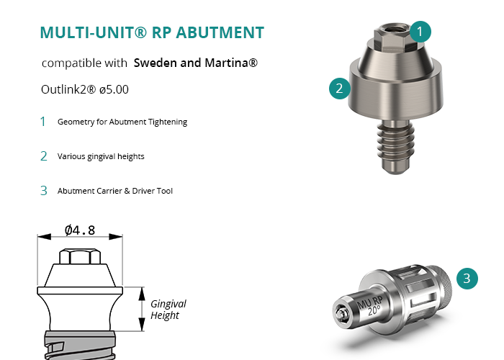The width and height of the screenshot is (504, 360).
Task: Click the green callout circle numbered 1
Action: [422, 31]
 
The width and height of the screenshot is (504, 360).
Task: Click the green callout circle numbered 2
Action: [339, 89]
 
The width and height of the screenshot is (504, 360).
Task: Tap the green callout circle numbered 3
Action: [467, 278]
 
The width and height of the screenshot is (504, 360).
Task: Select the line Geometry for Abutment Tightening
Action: [122, 122]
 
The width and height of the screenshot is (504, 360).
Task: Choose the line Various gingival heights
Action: [101, 156]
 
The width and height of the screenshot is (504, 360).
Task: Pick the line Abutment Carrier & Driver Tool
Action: [115, 191]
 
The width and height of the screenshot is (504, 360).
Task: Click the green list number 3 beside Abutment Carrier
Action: [43, 191]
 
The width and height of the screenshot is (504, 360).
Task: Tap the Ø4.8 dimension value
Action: [80, 230]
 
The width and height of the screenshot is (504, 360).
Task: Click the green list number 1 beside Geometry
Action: [43, 122]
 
